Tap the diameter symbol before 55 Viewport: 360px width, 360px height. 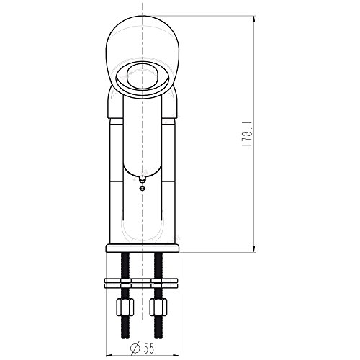click(135, 348)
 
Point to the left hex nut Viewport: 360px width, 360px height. click(125, 307)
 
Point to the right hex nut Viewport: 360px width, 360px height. click(158, 307)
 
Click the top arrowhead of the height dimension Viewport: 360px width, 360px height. click(254, 19)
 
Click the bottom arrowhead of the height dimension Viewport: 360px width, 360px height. click(254, 249)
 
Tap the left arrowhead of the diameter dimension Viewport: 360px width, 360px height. click(109, 355)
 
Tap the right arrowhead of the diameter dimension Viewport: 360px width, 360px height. click(176, 355)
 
